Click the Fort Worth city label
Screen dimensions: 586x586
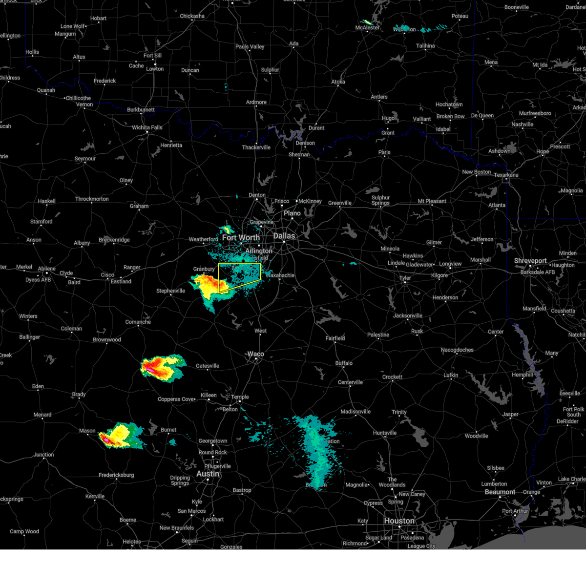click(x=241, y=238)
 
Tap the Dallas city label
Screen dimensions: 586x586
click(x=284, y=236)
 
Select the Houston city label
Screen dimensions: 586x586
click(x=399, y=521)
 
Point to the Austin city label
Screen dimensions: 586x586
click(x=208, y=474)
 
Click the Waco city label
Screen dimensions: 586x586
click(x=255, y=354)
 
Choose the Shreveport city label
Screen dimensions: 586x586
click(x=530, y=261)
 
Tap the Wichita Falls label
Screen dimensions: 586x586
click(x=147, y=127)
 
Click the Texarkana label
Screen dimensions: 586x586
click(x=506, y=175)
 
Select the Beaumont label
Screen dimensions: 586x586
click(x=500, y=492)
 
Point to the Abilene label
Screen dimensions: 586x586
click(x=47, y=269)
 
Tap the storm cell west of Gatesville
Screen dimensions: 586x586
click(x=161, y=367)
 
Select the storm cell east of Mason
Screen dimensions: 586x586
click(x=120, y=436)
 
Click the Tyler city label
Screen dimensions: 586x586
click(x=405, y=278)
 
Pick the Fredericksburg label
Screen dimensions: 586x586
click(x=116, y=475)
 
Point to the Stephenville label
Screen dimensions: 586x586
click(x=170, y=291)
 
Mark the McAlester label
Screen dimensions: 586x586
click(x=367, y=28)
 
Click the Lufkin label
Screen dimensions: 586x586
click(x=451, y=375)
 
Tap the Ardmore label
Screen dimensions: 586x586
click(x=256, y=103)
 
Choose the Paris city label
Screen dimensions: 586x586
click(x=384, y=152)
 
